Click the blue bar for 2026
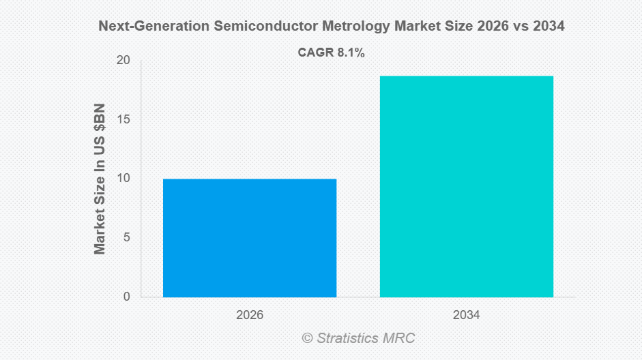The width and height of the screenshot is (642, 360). tap(250, 238)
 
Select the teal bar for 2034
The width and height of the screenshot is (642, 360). tap(467, 186)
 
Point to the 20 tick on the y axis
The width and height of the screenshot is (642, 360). tap(123, 60)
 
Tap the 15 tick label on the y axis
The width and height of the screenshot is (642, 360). tap(123, 119)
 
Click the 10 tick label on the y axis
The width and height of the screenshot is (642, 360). tap(123, 179)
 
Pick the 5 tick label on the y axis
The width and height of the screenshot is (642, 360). tap(126, 237)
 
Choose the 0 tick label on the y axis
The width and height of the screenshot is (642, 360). tap(126, 297)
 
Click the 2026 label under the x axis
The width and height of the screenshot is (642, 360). tap(250, 316)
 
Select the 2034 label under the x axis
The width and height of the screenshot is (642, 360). tap(467, 316)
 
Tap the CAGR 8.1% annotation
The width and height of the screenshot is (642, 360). tap(332, 52)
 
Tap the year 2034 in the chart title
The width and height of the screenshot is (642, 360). tap(547, 27)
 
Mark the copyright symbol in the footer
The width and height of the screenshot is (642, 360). tap(306, 338)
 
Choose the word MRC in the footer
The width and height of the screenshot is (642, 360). tap(400, 338)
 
